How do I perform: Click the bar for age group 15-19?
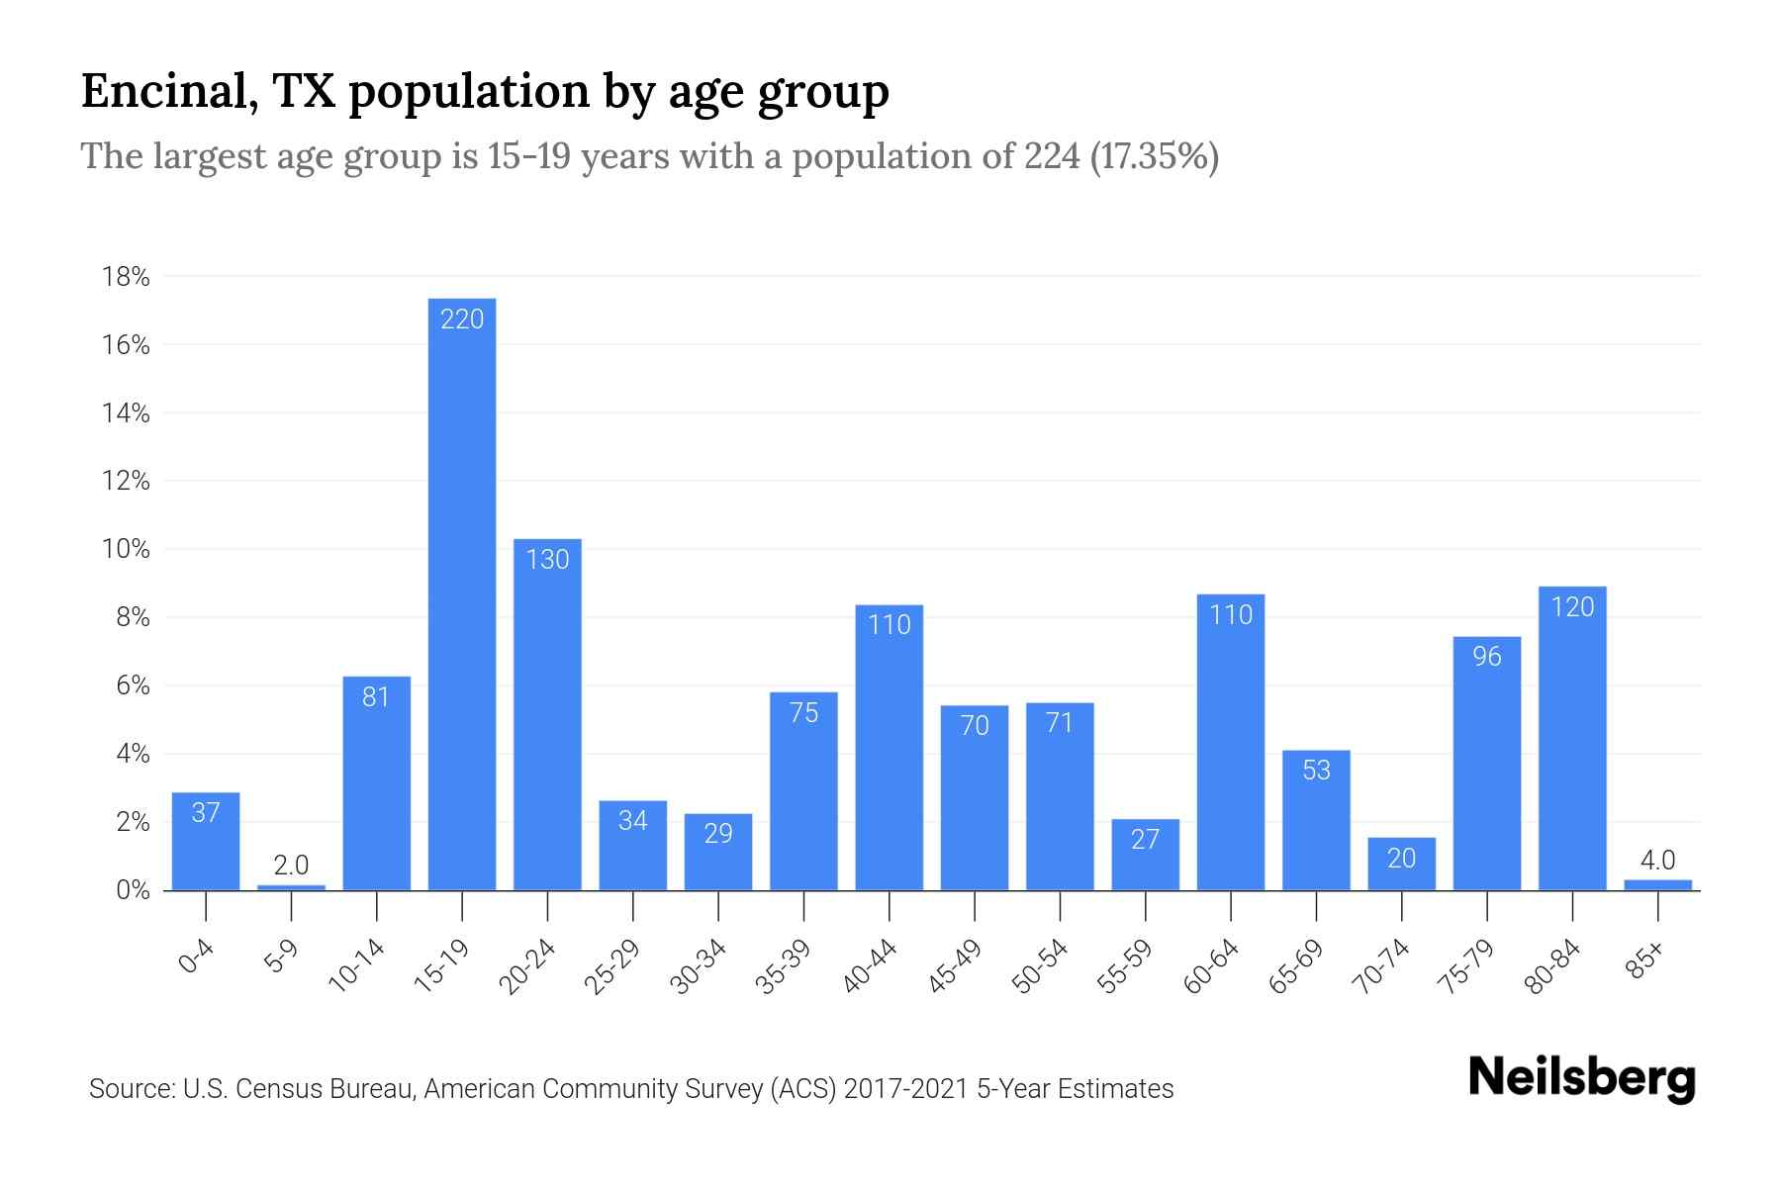coord(462,593)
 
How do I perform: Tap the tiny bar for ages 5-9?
coord(291,887)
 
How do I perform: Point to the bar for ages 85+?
coord(1657,885)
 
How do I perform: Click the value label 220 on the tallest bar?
coord(462,320)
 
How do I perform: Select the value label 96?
coord(1487,657)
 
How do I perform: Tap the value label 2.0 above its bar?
coord(291,866)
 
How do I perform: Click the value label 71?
coord(1060,723)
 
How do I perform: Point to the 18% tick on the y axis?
coord(127,277)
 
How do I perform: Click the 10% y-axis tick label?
coord(127,550)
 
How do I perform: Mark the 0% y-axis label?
coord(133,890)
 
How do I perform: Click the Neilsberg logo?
coord(1581,1078)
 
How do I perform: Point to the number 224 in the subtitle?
coord(1052,156)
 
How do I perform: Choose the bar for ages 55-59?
coord(1145,855)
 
